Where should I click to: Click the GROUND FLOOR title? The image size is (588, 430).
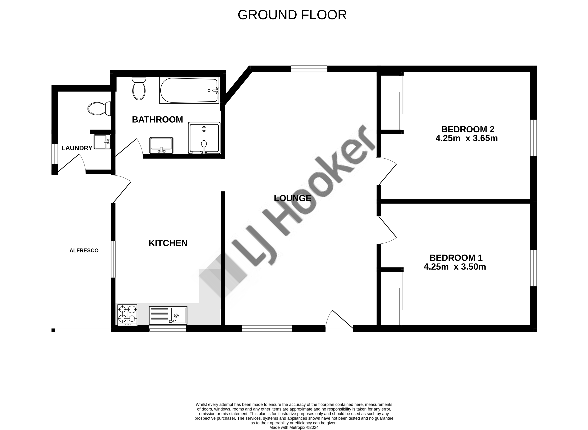coord(292,15)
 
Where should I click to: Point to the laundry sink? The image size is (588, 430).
coord(102,142)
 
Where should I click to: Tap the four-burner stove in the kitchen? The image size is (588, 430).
coord(127,315)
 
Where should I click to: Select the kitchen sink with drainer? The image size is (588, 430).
coord(168,315)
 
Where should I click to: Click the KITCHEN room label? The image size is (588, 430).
coord(168,243)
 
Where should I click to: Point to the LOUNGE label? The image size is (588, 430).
coord(293,198)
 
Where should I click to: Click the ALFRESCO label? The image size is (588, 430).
coord(84,250)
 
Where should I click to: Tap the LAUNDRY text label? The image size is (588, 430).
coord(77,148)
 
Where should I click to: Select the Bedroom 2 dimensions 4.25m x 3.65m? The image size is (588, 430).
coord(466,138)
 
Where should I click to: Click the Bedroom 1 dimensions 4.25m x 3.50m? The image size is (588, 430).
coord(455,267)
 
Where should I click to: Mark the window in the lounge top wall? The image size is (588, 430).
coord(309,69)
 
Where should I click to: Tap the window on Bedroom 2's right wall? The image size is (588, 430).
coord(534,138)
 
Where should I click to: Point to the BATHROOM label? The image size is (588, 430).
coord(157,120)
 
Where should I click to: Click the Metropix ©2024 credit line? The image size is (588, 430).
coord(294,427)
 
